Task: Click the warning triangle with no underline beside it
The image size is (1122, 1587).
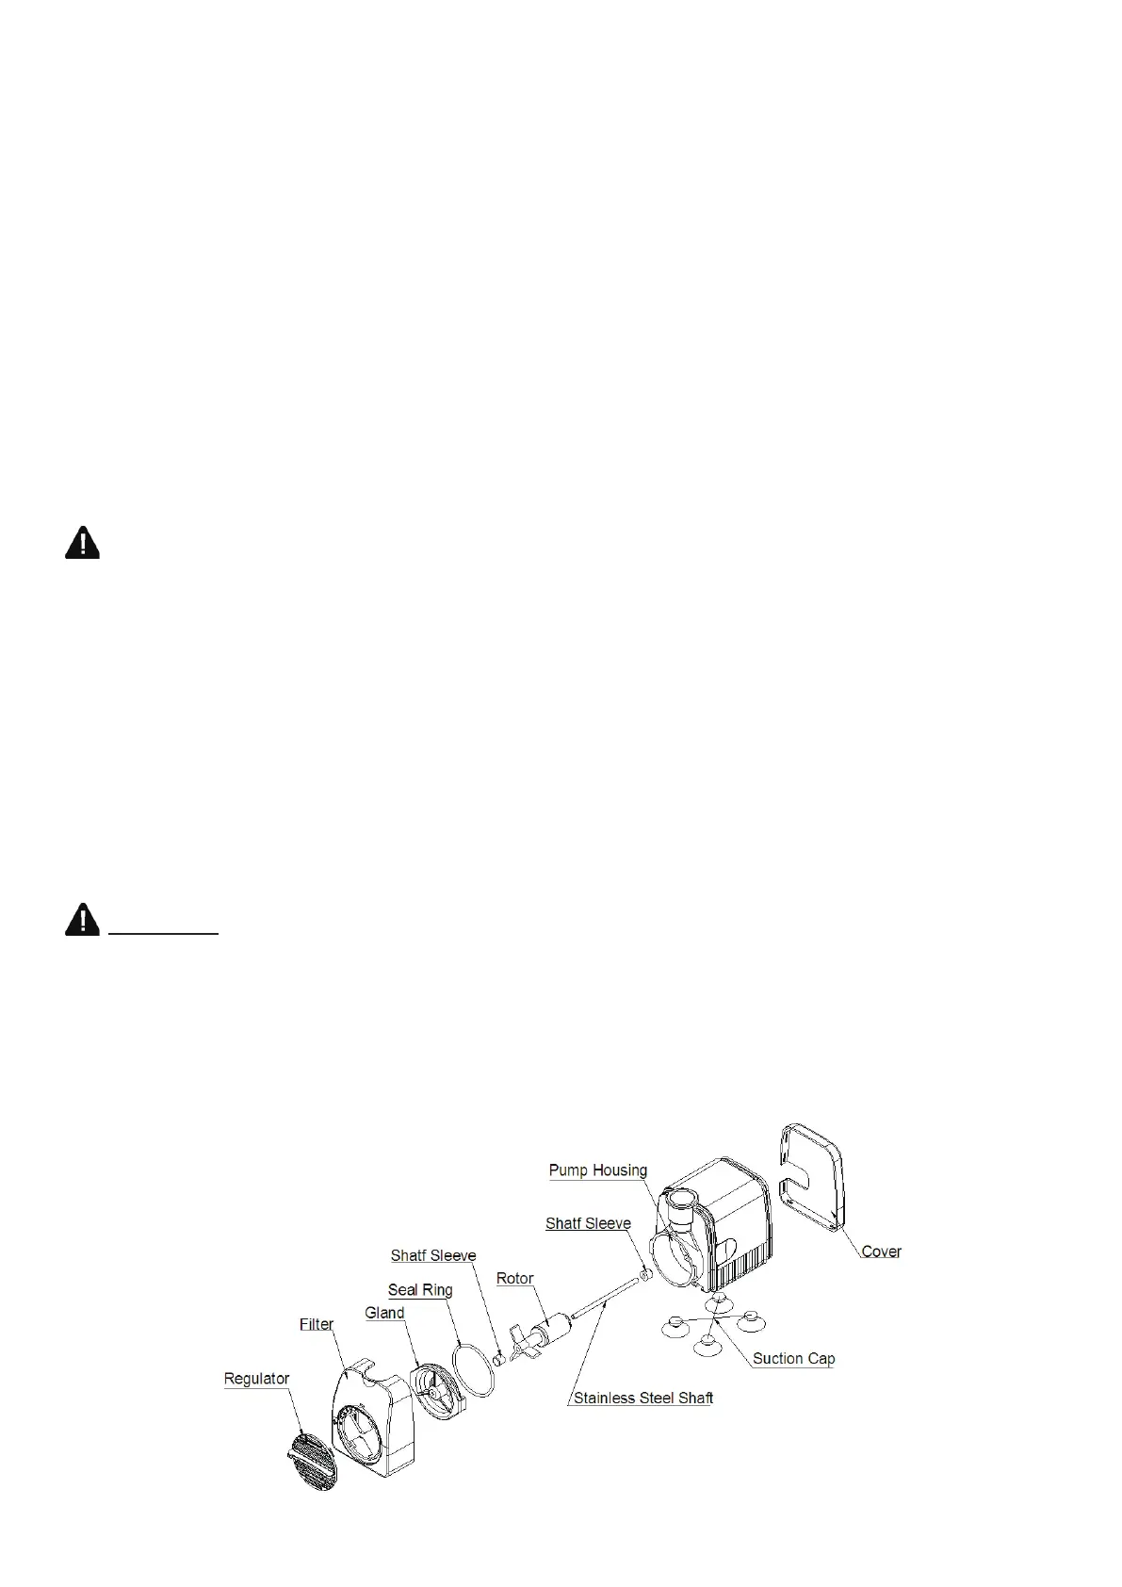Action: coord(82,543)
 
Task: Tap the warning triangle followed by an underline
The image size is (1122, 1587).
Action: coord(82,919)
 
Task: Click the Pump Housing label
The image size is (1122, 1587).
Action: coord(598,1170)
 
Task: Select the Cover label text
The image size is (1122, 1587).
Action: coord(881,1252)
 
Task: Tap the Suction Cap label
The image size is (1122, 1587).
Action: coord(793,1359)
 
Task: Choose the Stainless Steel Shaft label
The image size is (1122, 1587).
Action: coord(642,1398)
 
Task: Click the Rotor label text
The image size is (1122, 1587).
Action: coord(514,1279)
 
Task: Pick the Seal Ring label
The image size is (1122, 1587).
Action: coord(420,1290)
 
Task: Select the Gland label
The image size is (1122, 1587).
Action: coord(384,1313)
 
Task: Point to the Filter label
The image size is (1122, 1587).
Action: coord(317,1324)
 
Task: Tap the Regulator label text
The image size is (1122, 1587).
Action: coord(256,1379)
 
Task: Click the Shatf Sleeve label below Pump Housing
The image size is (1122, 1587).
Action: coord(588,1223)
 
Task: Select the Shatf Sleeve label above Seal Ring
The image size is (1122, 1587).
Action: coord(433,1255)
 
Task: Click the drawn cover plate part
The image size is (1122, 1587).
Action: coord(812,1178)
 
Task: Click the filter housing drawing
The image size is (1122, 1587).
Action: coord(372,1422)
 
